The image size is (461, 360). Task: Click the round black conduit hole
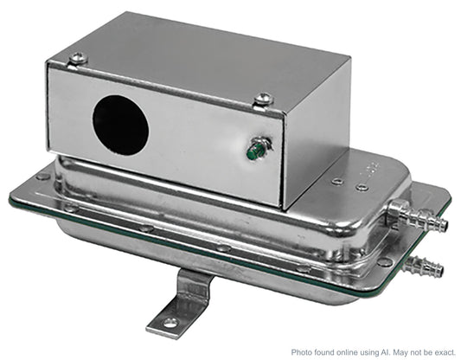(x=120, y=125)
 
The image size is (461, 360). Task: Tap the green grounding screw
(x=259, y=150)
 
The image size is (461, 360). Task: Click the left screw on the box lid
(x=78, y=58)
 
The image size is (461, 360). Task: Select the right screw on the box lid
(x=264, y=99)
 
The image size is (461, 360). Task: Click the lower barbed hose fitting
(x=423, y=265)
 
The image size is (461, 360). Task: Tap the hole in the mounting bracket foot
(x=170, y=323)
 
